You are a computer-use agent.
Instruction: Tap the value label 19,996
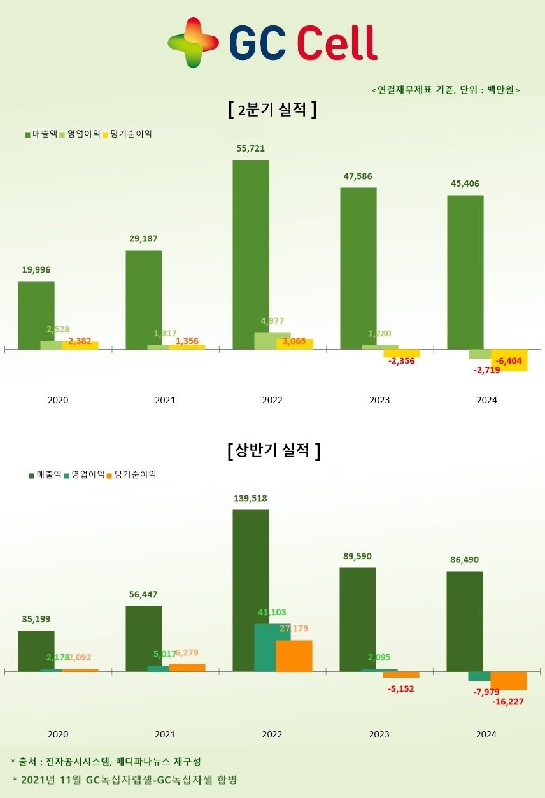[36, 270]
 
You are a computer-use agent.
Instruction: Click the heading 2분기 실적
[272, 110]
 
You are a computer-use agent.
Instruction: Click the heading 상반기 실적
[273, 452]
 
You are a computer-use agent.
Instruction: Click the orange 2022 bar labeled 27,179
[294, 656]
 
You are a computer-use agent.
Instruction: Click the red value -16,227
[508, 702]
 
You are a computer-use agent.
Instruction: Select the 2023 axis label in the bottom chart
[379, 734]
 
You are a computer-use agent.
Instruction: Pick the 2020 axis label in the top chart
[58, 401]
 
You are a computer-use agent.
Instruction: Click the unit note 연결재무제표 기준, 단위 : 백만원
[446, 90]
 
